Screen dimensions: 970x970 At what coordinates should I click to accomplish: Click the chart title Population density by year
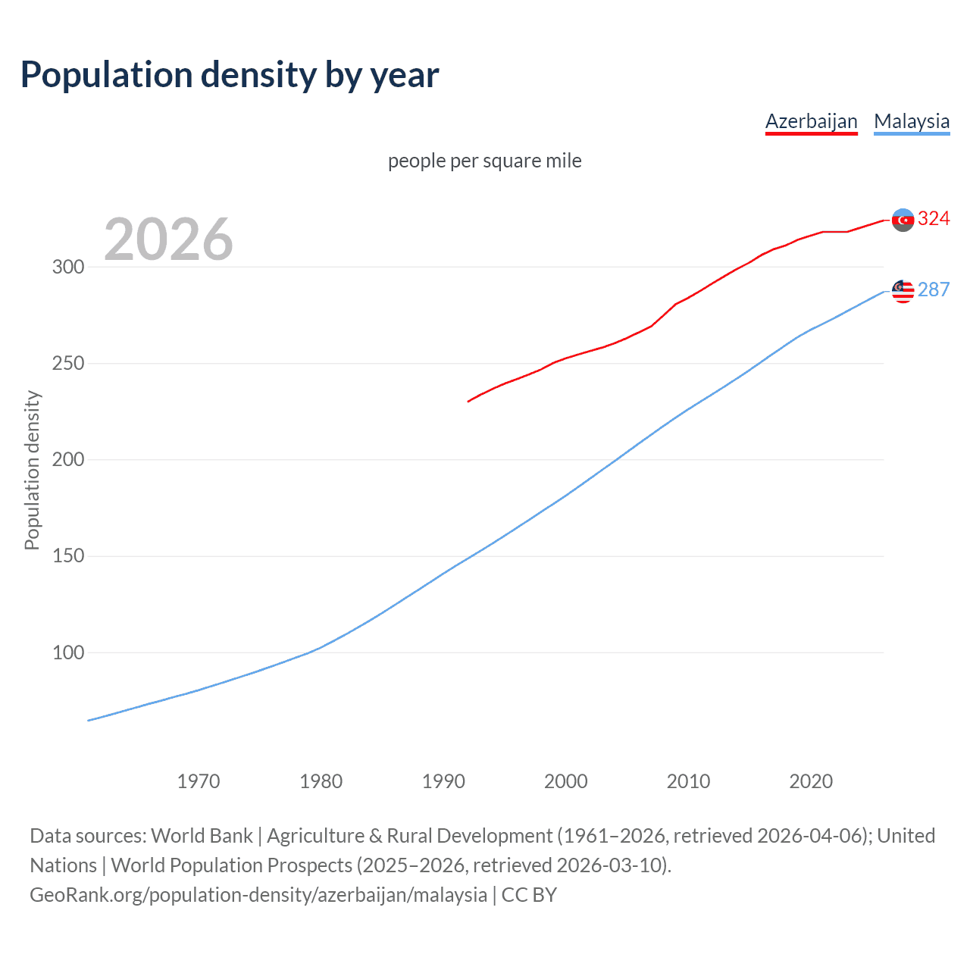[x=230, y=75]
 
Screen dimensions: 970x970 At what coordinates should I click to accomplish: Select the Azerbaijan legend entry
[x=811, y=121]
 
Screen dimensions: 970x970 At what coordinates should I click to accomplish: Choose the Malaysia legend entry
[x=912, y=121]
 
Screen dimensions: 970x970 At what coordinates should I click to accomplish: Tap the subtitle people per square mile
[x=484, y=161]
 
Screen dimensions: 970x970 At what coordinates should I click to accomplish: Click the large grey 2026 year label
[x=168, y=239]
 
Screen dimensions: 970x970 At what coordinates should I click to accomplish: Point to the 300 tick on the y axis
[x=67, y=267]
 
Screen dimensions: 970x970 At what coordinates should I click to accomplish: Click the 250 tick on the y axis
[x=67, y=364]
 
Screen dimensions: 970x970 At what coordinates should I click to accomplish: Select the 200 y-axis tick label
[x=67, y=460]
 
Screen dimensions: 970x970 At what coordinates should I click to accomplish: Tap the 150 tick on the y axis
[x=67, y=556]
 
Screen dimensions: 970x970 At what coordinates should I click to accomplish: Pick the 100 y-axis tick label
[x=67, y=652]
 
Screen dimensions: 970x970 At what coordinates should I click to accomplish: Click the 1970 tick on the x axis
[x=199, y=781]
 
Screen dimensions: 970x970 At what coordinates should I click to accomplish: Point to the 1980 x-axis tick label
[x=321, y=781]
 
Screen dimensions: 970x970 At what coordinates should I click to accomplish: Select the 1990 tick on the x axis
[x=443, y=781]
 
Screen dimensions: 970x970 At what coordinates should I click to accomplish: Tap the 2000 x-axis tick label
[x=566, y=781]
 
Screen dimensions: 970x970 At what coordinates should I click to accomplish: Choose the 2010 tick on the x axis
[x=688, y=781]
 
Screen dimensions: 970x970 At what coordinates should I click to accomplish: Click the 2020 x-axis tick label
[x=811, y=781]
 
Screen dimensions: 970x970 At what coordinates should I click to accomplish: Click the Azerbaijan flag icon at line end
[x=903, y=220]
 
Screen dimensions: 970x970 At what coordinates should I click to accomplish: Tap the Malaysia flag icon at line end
[x=903, y=291]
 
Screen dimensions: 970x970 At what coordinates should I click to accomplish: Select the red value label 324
[x=934, y=219]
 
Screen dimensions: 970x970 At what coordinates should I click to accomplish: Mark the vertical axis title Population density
[x=32, y=470]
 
